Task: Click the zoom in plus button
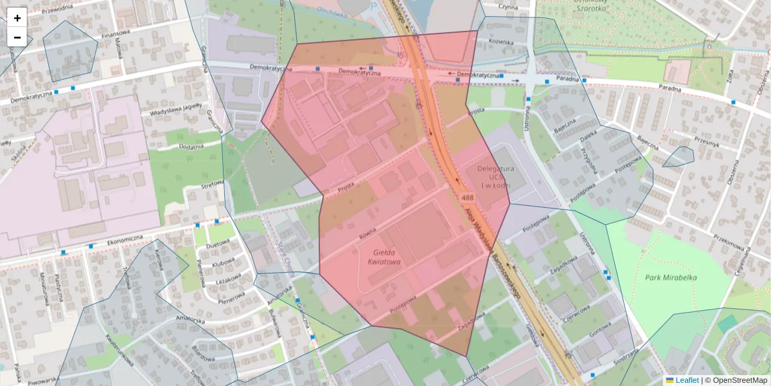17,17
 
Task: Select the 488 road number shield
467,197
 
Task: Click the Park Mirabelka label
671,277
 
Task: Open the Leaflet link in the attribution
687,380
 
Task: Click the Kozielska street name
501,42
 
